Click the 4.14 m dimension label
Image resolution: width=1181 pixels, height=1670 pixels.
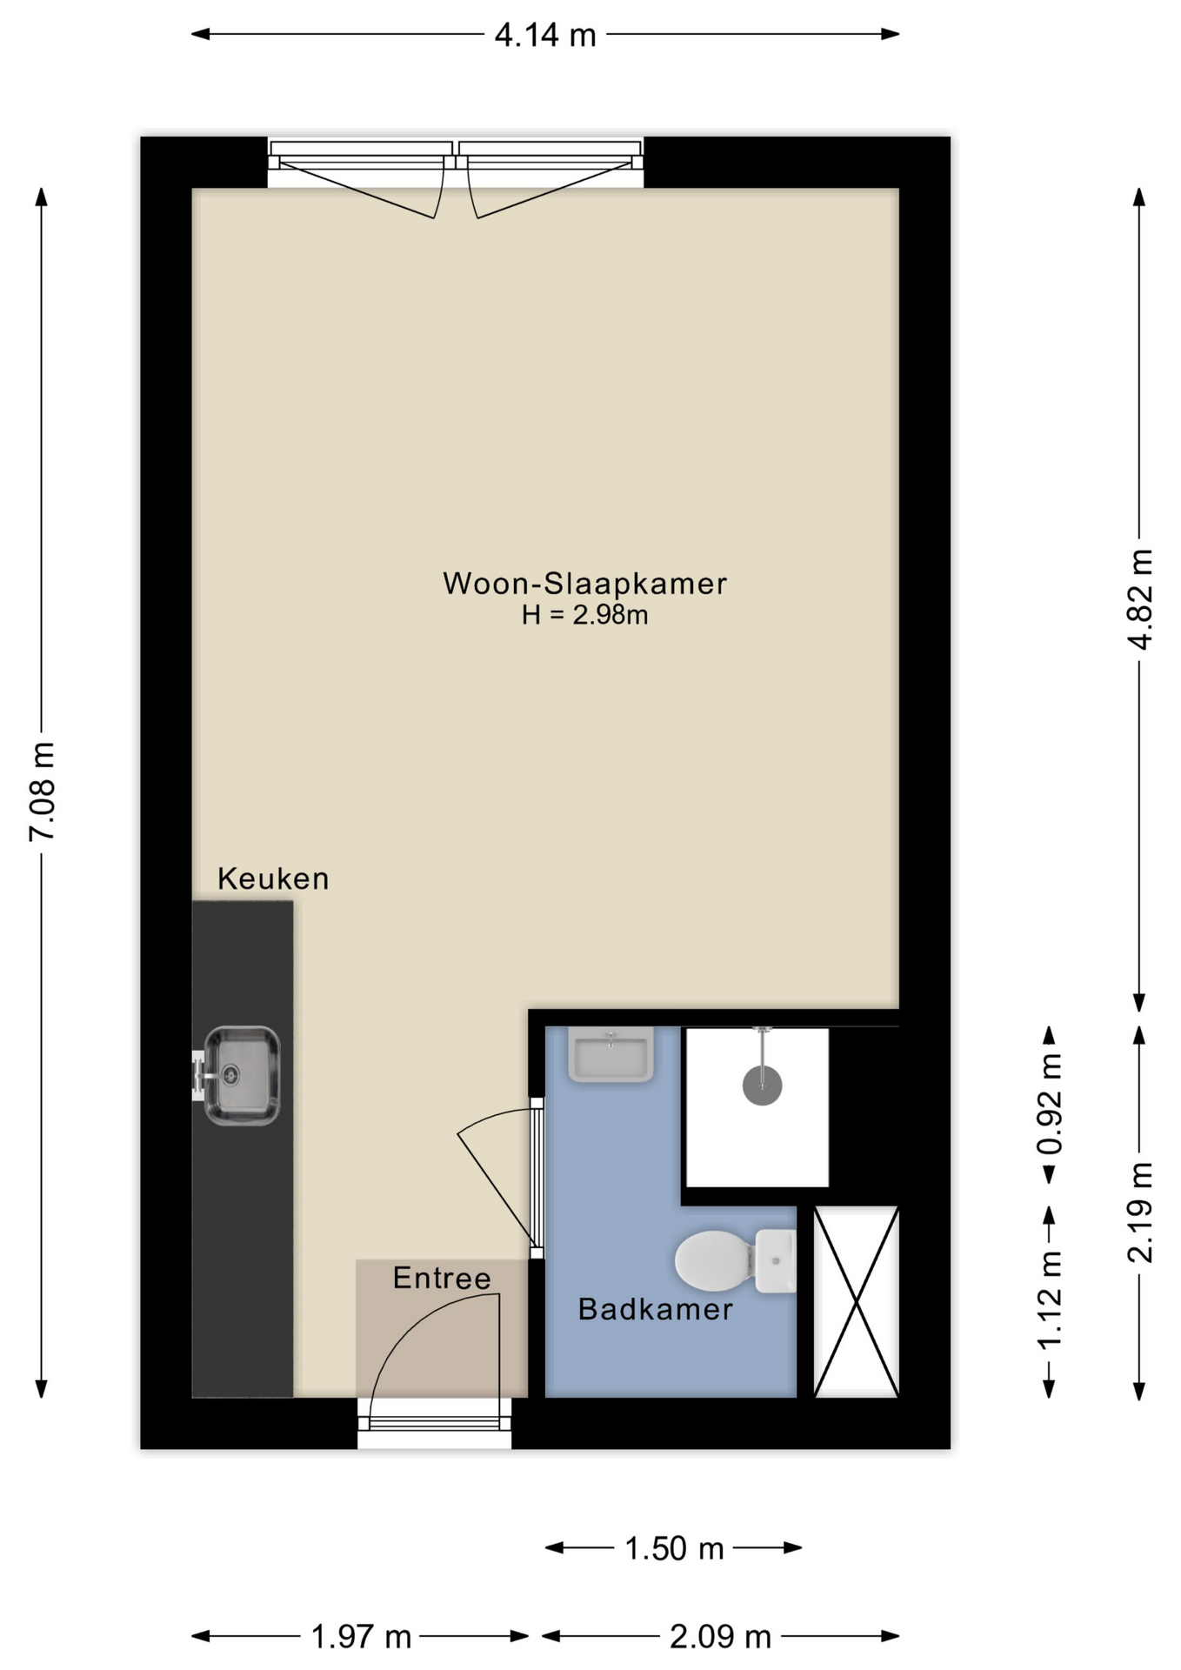point(545,36)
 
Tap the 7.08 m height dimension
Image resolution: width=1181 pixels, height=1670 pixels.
point(42,791)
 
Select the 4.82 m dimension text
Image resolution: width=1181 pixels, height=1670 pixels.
point(1139,599)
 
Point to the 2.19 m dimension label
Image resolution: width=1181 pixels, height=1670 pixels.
point(1139,1212)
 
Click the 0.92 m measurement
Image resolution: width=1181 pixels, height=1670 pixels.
point(1051,1104)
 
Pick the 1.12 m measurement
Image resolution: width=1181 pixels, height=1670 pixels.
point(1051,1299)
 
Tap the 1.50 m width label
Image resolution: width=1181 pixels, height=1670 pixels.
point(674,1549)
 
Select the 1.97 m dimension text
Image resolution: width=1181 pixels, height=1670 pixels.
point(361,1638)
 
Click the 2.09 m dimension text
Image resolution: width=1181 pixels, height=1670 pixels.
point(720,1638)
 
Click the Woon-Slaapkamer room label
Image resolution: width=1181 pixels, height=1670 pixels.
point(584,584)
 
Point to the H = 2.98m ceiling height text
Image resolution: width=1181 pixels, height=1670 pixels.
point(584,616)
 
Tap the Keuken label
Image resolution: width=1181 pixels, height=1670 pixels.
point(273,879)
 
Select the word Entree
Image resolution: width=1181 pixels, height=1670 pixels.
point(442,1278)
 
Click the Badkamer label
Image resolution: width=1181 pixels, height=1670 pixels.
point(655,1310)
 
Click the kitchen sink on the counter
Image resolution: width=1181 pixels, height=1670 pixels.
point(241,1076)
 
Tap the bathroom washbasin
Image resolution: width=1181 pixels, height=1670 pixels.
point(611,1054)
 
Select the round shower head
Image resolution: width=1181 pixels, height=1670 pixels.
point(762,1085)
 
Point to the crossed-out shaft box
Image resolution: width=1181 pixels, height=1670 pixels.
point(856,1301)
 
